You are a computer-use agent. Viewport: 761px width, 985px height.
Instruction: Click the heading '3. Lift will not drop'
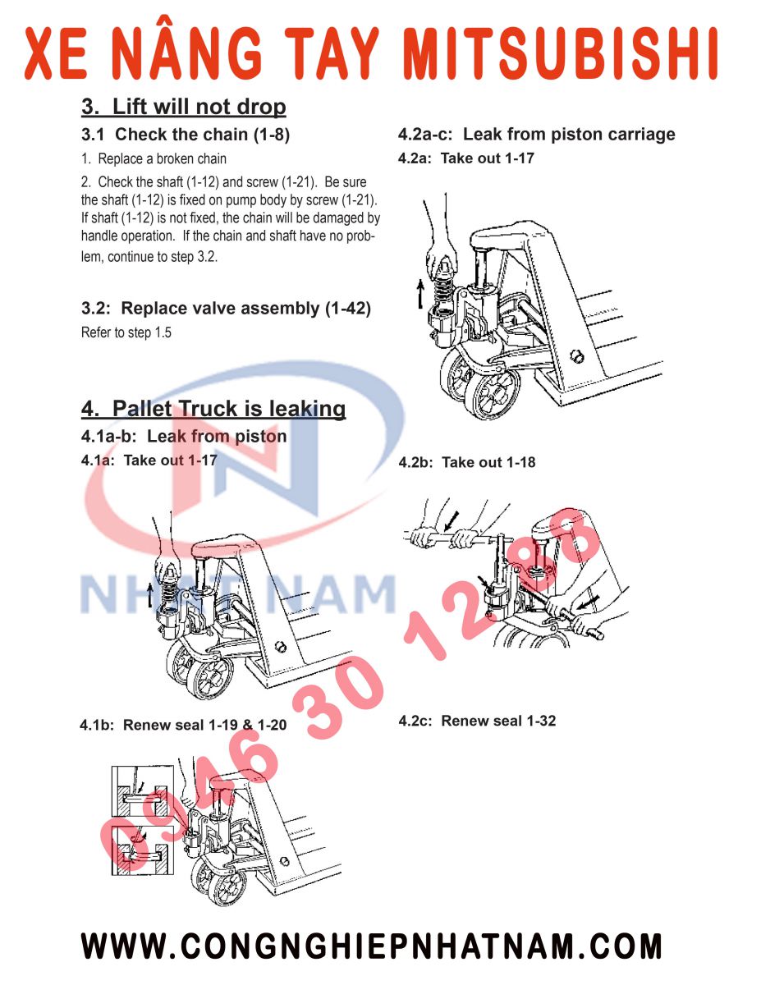183,107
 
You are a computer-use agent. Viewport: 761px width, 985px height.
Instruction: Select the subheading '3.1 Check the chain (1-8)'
185,134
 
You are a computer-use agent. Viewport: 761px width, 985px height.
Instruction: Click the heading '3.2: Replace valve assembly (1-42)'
226,309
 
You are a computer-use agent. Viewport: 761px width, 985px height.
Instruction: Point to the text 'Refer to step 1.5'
126,333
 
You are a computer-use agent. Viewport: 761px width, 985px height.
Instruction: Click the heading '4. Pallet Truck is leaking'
213,409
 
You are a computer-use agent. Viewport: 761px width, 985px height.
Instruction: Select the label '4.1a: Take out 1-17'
149,460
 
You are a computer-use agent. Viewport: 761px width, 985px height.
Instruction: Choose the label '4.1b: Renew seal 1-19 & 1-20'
183,726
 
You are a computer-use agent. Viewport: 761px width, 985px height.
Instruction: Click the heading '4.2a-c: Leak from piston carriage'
536,134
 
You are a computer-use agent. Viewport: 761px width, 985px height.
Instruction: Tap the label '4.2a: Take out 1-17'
465,158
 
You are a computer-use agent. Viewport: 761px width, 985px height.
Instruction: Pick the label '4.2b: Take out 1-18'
466,463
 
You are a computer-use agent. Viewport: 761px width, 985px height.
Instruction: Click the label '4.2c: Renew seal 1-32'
477,722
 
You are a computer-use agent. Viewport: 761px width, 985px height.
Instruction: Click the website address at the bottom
371,946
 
